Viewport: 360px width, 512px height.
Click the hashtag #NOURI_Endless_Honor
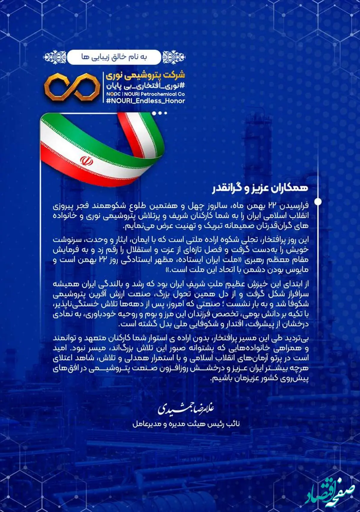145,101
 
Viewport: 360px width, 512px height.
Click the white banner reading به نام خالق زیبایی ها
114,57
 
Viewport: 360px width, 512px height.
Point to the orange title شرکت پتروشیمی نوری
145,75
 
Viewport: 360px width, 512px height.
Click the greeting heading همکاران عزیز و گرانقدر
260,188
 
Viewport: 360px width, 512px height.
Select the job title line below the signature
186,424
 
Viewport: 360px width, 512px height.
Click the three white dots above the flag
159,113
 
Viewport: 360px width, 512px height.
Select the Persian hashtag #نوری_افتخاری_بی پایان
145,85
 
